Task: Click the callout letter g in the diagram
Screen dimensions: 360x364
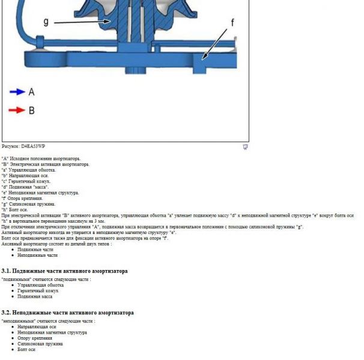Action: (x=46, y=22)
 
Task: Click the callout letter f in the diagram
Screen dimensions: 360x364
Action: (x=232, y=22)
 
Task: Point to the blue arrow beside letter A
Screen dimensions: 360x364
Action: (x=16, y=92)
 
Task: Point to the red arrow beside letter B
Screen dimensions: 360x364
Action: (x=16, y=110)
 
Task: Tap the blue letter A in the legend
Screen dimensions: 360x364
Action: (x=31, y=92)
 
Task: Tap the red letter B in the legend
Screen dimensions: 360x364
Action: (x=31, y=110)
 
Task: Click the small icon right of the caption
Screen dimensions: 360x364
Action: (x=245, y=146)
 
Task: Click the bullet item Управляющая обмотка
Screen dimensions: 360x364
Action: (x=40, y=285)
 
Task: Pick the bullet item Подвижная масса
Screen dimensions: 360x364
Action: (x=35, y=296)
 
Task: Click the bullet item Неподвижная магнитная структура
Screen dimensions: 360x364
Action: (x=52, y=332)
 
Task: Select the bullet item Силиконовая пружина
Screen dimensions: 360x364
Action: (x=40, y=344)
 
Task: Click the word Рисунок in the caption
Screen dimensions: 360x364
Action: (x=10, y=146)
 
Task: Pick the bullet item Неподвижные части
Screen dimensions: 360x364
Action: (x=37, y=255)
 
